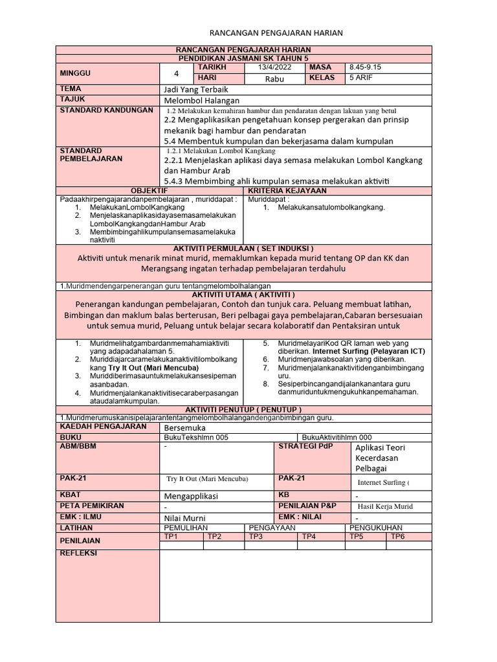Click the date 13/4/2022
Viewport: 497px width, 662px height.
(x=276, y=67)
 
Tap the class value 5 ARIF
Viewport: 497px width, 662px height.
(x=360, y=78)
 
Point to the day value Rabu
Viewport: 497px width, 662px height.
(x=274, y=79)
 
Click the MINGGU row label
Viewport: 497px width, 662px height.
(x=76, y=73)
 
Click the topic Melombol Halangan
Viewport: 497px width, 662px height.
(x=202, y=101)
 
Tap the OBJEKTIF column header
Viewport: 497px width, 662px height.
(x=149, y=191)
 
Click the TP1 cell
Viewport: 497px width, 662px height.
(x=171, y=537)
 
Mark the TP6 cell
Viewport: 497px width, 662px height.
(x=397, y=537)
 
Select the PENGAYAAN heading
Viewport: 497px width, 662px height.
(x=272, y=528)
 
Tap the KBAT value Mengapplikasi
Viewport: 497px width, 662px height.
(x=192, y=496)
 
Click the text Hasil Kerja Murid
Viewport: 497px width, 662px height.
(x=385, y=506)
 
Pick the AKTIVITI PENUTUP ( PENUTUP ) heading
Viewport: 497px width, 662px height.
(x=243, y=410)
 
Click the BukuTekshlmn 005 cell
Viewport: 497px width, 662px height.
(x=197, y=438)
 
